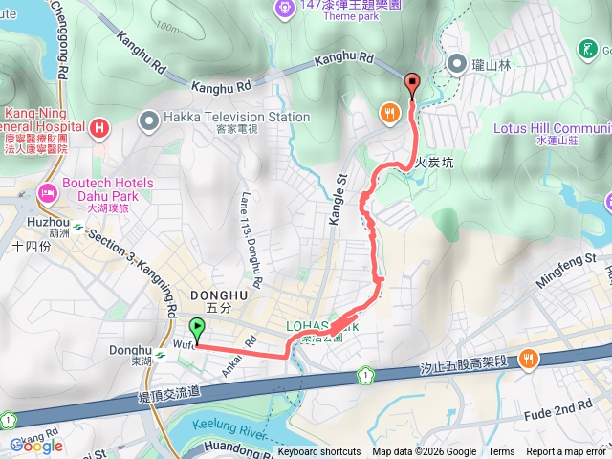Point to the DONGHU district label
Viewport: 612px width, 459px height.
219,295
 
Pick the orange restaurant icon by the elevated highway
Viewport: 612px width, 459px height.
527,360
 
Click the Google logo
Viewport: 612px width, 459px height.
36,446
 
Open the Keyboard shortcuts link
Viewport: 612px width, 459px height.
319,452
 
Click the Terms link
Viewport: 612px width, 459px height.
501,452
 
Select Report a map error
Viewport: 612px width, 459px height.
566,452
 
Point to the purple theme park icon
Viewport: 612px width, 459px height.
284,8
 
